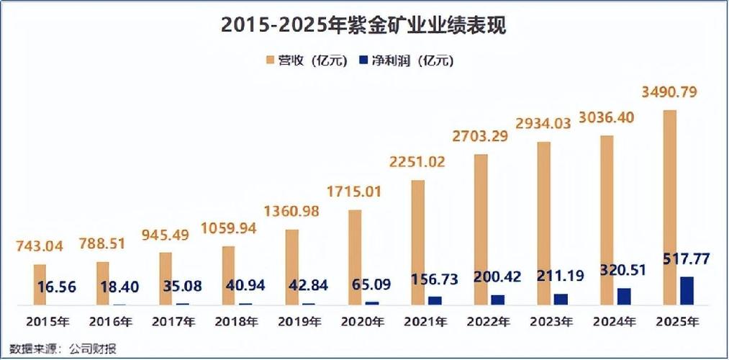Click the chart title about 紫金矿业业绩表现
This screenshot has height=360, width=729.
pyautogui.click(x=364, y=26)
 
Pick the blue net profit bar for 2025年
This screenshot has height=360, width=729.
pyautogui.click(x=687, y=291)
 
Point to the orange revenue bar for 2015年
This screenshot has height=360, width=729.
pyautogui.click(x=40, y=284)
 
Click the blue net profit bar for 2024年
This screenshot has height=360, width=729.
pyautogui.click(x=624, y=297)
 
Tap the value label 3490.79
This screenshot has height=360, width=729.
pyautogui.click(x=671, y=92)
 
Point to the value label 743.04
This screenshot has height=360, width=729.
pyautogui.click(x=40, y=246)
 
